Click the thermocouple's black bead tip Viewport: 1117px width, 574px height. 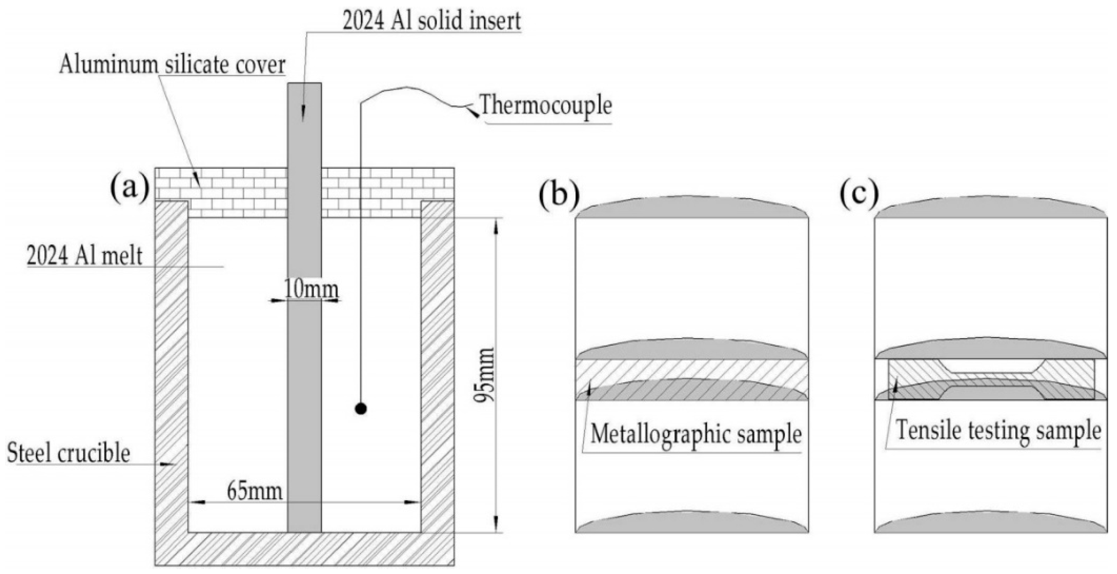tap(361, 408)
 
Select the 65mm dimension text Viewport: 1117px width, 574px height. tap(255, 491)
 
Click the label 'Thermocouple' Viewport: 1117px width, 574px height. tap(546, 105)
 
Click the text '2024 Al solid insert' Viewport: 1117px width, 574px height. tap(432, 20)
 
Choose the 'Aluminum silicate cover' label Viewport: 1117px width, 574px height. tap(172, 65)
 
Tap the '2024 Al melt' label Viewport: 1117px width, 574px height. tap(84, 255)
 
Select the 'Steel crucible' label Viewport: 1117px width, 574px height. tap(69, 453)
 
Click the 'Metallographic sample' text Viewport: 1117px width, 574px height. tap(695, 434)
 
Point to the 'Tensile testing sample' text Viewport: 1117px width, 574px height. tap(998, 432)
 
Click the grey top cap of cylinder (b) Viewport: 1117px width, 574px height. tap(692, 208)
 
